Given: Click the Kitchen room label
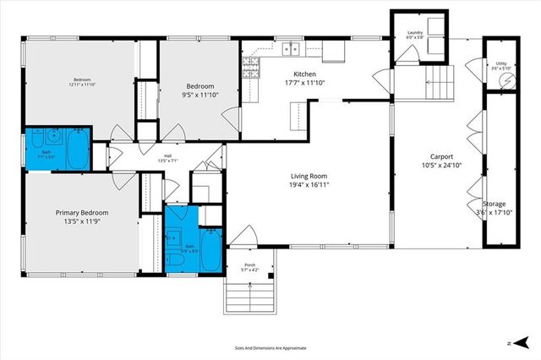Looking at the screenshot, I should [x=304, y=74].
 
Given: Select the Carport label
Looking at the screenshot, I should [x=440, y=156].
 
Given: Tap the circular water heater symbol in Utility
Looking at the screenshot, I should [x=505, y=79].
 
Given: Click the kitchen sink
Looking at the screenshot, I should [x=289, y=48].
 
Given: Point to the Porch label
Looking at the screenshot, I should [x=250, y=266].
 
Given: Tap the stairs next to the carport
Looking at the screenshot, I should [x=434, y=83].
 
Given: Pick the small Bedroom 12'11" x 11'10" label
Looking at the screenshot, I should [x=82, y=82].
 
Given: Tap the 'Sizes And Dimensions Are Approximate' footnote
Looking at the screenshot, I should [x=270, y=347].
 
